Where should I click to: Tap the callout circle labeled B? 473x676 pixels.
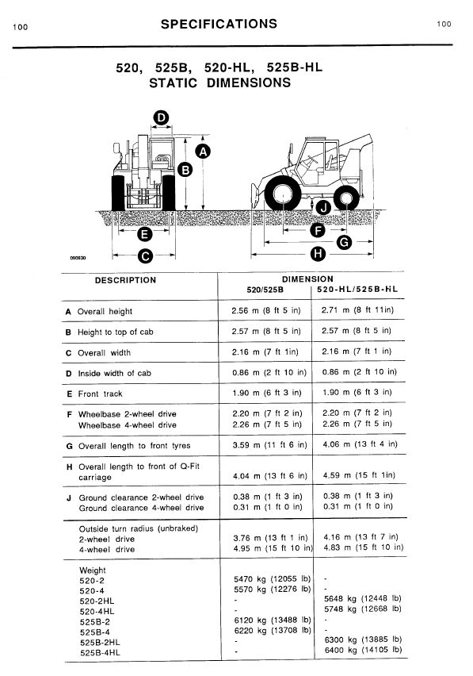point(185,169)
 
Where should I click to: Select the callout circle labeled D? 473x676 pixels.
point(160,119)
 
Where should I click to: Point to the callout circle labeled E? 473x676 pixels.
point(144,234)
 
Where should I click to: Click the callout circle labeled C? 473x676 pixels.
point(144,255)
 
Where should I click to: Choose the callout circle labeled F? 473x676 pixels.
point(318,231)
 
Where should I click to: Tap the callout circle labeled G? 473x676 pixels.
point(344,243)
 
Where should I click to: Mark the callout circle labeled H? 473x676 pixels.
point(318,254)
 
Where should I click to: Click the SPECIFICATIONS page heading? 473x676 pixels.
point(219,24)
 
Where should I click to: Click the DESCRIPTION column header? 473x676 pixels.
point(125,280)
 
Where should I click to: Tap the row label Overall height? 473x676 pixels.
point(105,312)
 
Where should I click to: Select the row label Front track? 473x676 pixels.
point(100,394)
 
